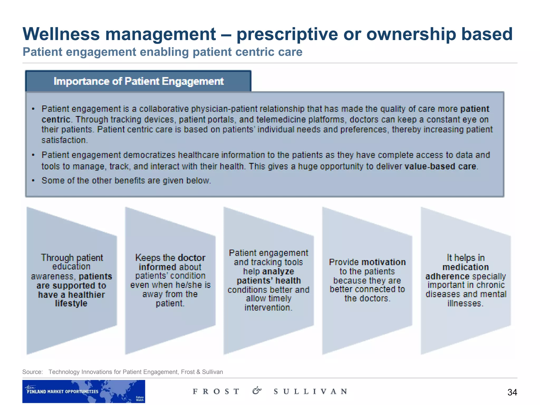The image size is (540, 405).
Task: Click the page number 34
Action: click(512, 392)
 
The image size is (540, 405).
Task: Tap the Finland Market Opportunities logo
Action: click(83, 391)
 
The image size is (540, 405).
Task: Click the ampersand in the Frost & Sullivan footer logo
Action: click(257, 390)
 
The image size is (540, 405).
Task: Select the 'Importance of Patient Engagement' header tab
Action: click(138, 81)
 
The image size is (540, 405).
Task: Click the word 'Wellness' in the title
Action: click(61, 34)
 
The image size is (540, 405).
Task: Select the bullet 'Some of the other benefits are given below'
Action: click(126, 181)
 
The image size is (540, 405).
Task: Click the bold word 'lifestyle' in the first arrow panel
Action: click(71, 303)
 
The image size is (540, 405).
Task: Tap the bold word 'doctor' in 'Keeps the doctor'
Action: click(191, 258)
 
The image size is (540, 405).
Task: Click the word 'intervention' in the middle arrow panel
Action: click(268, 308)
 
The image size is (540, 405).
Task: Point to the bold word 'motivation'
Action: click(383, 262)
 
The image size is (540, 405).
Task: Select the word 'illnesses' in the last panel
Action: click(465, 303)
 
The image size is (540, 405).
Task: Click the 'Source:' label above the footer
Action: click(32, 372)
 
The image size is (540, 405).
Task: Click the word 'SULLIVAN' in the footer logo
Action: click(310, 392)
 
